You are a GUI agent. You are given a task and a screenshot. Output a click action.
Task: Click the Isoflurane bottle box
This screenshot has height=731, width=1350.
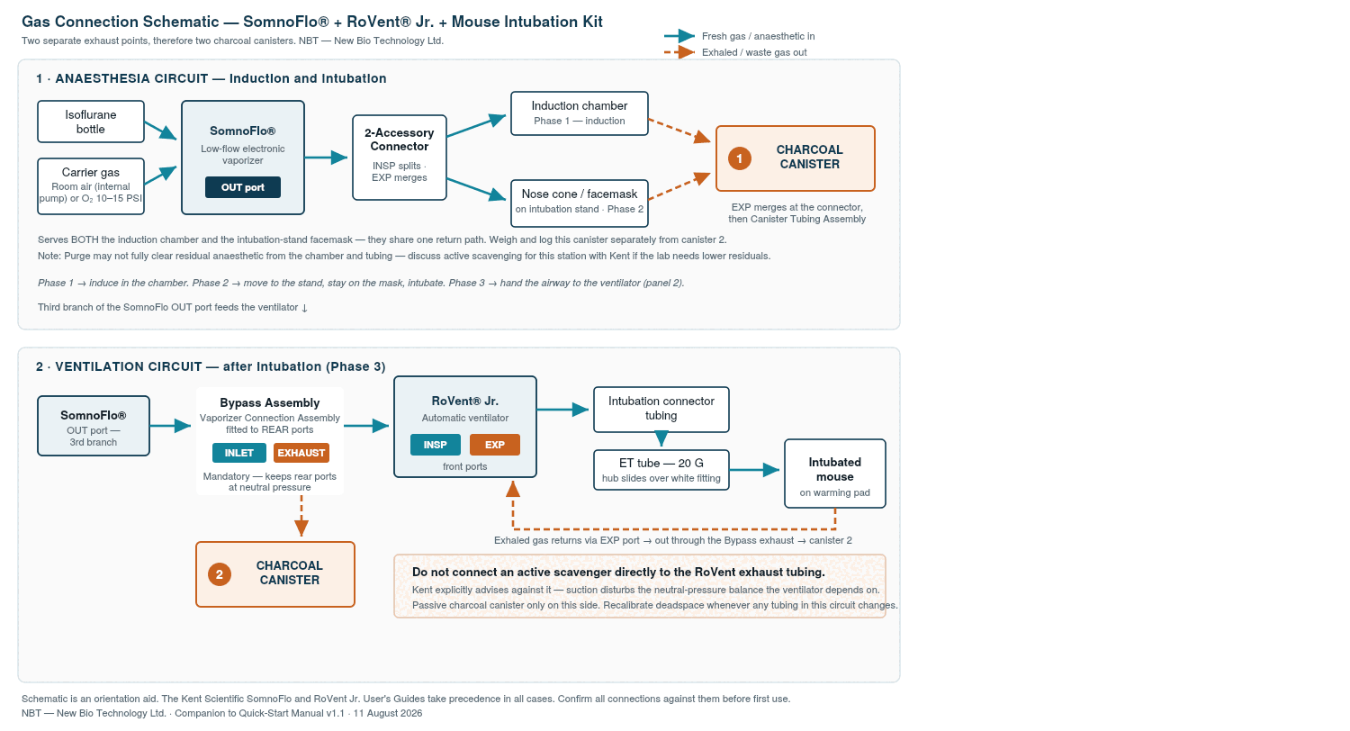[90, 122]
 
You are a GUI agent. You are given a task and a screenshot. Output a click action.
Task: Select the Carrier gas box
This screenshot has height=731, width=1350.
[90, 186]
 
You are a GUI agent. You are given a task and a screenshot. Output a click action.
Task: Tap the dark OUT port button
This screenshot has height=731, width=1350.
[243, 187]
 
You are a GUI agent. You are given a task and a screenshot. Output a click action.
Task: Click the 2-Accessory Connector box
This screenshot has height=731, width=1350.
[400, 158]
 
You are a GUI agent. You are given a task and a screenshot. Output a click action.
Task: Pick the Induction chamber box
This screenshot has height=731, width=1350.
[580, 113]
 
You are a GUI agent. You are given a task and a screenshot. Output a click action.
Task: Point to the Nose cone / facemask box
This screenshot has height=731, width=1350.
[580, 203]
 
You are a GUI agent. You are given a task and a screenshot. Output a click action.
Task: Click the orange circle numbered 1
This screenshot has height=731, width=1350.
[740, 158]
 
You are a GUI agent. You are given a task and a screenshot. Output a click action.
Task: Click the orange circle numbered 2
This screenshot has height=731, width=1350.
[220, 574]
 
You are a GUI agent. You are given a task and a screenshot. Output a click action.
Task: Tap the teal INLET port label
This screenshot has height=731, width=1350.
[239, 453]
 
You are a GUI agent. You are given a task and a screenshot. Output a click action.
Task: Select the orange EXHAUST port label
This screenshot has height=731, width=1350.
[301, 453]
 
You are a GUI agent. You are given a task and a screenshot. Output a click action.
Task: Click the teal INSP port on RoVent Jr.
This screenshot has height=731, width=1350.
[435, 445]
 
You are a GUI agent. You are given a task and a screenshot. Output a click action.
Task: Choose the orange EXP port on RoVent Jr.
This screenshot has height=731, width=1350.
[495, 445]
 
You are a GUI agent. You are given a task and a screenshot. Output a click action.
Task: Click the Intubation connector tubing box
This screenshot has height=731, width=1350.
[661, 410]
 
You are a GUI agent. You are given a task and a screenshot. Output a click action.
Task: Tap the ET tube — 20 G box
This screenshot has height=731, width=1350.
[661, 470]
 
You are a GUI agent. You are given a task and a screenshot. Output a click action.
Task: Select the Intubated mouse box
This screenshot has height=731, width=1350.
[834, 474]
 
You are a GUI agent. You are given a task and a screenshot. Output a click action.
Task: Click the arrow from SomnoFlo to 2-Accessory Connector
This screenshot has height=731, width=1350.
[326, 158]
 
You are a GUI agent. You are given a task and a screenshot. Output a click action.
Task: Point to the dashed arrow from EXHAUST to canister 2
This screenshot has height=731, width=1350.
[301, 515]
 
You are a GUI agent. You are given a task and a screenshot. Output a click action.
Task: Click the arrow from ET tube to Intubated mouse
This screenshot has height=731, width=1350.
[754, 470]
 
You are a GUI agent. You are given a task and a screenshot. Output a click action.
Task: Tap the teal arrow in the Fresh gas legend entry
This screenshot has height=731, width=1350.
[679, 36]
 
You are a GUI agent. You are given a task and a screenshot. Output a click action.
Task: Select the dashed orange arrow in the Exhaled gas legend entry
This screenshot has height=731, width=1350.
[679, 52]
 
